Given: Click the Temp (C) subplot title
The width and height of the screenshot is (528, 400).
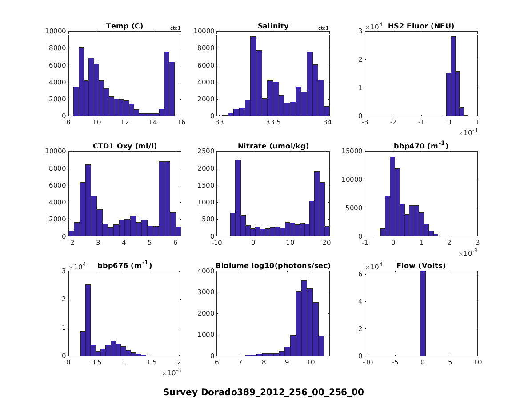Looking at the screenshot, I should (124, 26).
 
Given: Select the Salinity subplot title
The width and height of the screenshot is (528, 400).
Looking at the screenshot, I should (273, 26).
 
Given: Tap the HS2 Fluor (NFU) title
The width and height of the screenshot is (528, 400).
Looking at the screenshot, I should (421, 26).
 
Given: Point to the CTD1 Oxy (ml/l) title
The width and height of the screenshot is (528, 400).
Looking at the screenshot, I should (124, 146).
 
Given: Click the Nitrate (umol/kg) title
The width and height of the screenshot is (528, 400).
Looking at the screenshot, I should (273, 146).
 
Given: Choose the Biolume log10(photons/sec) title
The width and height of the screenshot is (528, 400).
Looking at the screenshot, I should (273, 266).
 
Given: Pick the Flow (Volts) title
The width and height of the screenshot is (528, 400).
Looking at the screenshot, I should (421, 266).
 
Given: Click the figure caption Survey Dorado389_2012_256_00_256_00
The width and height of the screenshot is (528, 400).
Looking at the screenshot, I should (264, 392).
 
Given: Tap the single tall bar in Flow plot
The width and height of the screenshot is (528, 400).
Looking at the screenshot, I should (423, 313).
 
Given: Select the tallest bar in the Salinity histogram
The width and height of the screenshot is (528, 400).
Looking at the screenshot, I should (253, 76).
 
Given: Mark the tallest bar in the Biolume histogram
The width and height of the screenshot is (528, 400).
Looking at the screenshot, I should (304, 318).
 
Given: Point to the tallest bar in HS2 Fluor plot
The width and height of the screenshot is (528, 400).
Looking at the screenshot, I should (453, 76).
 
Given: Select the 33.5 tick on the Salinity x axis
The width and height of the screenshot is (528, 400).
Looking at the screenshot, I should (273, 123).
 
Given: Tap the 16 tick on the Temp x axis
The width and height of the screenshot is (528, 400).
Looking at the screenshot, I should (180, 123).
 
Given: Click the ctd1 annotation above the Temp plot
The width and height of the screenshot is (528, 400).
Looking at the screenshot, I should (176, 28).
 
